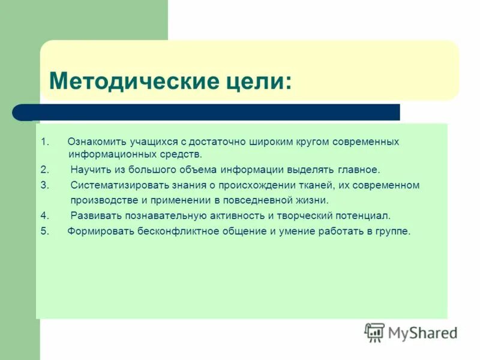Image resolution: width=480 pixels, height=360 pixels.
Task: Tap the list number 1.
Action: (44, 142)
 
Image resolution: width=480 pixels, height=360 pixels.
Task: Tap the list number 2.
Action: (44, 170)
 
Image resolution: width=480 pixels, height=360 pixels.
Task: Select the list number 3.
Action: (44, 185)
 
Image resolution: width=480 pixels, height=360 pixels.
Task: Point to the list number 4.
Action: (44, 215)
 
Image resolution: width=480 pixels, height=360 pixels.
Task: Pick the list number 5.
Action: (44, 231)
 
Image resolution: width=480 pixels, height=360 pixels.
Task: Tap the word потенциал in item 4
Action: (366, 215)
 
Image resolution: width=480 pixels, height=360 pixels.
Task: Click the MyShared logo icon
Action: (375, 332)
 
